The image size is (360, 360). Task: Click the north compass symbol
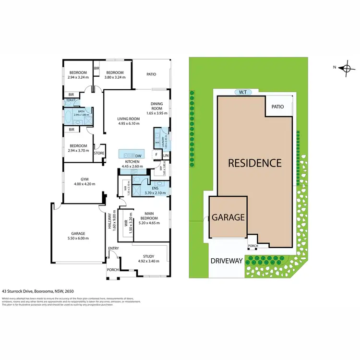(x=346, y=68)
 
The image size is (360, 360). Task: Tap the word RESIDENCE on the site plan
(x=254, y=163)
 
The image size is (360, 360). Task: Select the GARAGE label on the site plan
(x=228, y=217)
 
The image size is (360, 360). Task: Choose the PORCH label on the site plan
(x=253, y=246)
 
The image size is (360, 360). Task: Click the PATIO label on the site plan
(x=278, y=107)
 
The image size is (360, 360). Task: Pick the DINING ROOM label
(x=158, y=106)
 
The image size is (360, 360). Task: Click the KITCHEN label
(x=132, y=162)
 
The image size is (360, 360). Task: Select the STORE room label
(x=99, y=153)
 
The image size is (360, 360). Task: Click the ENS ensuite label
(x=155, y=189)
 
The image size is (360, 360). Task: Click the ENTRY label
(x=114, y=248)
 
